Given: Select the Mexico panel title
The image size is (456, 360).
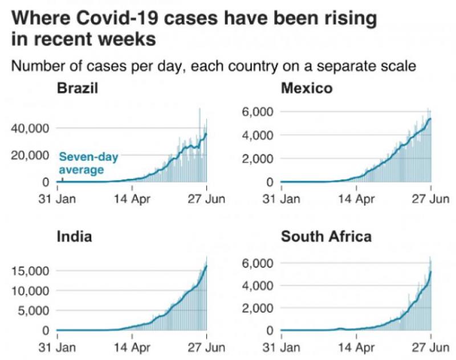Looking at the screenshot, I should [307, 89].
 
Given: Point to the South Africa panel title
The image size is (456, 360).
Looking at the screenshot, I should [326, 236].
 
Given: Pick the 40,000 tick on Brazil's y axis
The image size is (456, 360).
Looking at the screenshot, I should [31, 128].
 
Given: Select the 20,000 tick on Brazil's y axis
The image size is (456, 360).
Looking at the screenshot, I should [31, 155].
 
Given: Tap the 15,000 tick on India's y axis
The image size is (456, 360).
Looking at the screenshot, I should [31, 270].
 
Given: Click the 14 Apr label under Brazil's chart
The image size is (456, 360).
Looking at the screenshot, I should [132, 199].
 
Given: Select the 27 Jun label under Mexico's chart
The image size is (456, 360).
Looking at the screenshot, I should [431, 199].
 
